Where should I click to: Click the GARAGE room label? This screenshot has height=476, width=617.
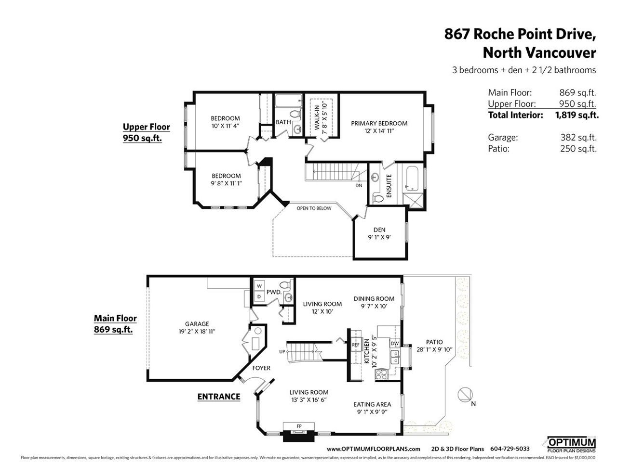tap(197, 324)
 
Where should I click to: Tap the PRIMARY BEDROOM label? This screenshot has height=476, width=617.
tap(379, 123)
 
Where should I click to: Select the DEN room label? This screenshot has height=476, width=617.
tap(379, 230)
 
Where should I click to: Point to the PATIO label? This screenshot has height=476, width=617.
tap(434, 342)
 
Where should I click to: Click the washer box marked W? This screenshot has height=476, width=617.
tap(259, 286)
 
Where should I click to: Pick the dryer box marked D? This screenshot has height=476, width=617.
tap(259, 297)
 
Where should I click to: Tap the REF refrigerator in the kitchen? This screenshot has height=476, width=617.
tap(356, 345)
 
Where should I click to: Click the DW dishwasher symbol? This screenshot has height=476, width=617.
tap(395, 343)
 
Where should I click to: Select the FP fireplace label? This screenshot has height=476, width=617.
tap(299, 426)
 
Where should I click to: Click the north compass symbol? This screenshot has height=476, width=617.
tap(465, 394)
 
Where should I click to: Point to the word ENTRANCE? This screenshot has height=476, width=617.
tap(219, 397)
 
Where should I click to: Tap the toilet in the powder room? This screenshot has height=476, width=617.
tap(286, 284)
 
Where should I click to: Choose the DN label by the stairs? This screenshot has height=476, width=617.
tap(359, 185)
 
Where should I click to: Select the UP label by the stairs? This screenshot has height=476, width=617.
tap(282, 352)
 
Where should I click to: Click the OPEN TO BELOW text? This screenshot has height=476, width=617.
tap(314, 208)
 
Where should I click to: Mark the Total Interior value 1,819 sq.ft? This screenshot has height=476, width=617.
tap(577, 115)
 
